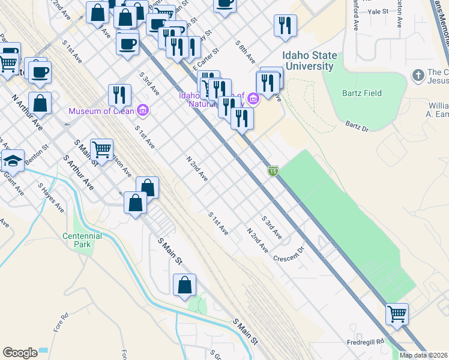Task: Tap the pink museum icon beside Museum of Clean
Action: coord(143,110)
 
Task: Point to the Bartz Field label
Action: coord(362,93)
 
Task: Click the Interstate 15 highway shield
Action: coord(273,172)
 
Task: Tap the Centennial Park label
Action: coord(82,240)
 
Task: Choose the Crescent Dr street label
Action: coord(289,253)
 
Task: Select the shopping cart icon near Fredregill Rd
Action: coord(397,313)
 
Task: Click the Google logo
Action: coord(20,353)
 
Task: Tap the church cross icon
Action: coord(418,75)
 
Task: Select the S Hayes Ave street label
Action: coord(51,197)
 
